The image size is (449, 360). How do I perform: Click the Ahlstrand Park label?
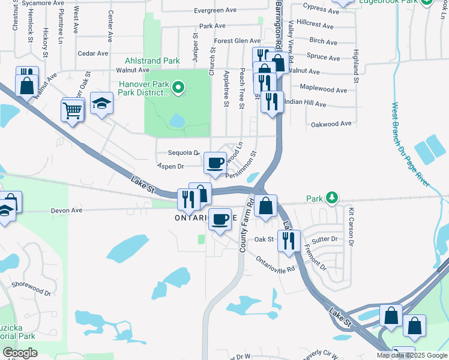tap(152, 61)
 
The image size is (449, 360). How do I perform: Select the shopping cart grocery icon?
tap(72, 110)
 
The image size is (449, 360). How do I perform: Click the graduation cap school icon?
tap(101, 103)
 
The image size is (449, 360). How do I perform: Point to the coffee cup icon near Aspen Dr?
tap(215, 163)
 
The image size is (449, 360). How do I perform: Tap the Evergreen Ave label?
tap(215, 10)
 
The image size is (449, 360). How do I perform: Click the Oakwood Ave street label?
tap(331, 124)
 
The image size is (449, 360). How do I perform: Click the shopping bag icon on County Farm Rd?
tap(265, 206)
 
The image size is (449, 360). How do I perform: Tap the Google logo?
tap(19, 353)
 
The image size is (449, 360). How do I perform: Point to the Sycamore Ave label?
tap(42, 3)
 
